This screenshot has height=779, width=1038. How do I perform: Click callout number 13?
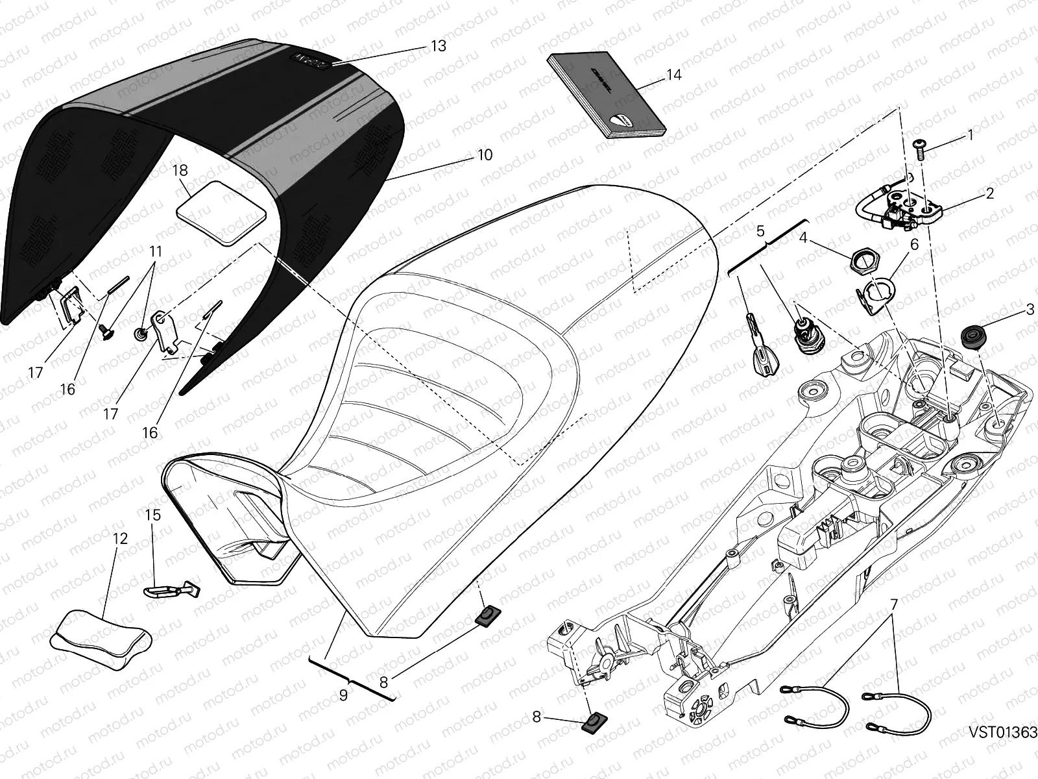[439, 45]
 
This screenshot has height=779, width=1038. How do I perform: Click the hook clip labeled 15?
[171, 589]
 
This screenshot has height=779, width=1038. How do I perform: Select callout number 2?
[989, 193]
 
